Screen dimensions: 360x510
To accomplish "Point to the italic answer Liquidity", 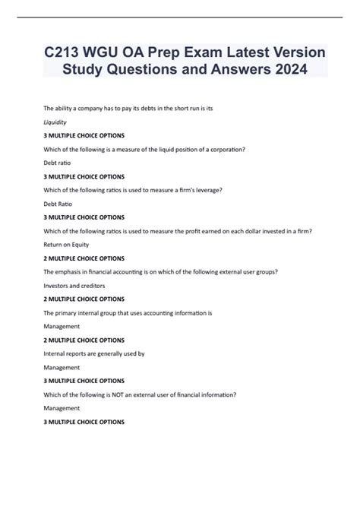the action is (55, 121).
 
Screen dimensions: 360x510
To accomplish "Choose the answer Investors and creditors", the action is (74, 286).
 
